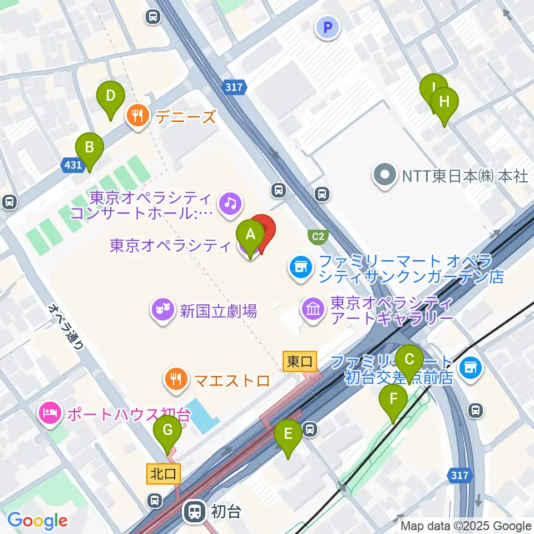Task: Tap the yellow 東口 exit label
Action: tap(299, 362)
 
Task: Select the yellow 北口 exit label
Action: tap(163, 474)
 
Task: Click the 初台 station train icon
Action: tap(195, 511)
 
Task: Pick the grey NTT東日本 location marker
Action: tap(385, 176)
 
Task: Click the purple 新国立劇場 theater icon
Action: tap(163, 309)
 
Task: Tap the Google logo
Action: tap(37, 521)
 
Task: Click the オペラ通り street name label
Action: tap(66, 325)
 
